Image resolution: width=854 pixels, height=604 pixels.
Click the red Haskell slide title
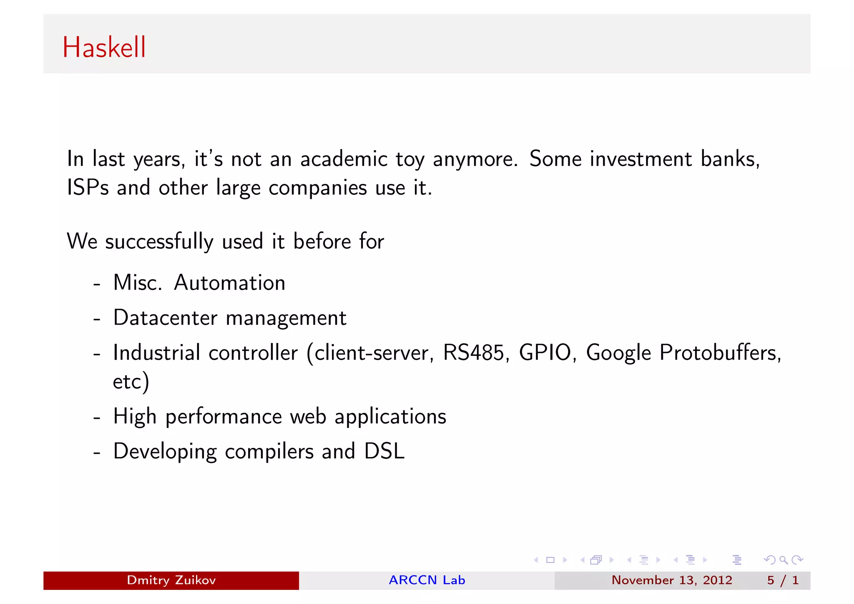pyautogui.click(x=104, y=47)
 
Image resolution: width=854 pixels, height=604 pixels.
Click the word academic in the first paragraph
pyautogui.click(x=344, y=159)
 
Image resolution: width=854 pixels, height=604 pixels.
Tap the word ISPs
pyautogui.click(x=88, y=187)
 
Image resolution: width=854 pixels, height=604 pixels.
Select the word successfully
pyautogui.click(x=159, y=242)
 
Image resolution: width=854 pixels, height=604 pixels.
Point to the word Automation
pyautogui.click(x=229, y=283)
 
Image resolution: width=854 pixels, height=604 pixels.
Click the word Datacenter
pyautogui.click(x=165, y=318)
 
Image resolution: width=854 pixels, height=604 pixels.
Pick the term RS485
pyautogui.click(x=473, y=353)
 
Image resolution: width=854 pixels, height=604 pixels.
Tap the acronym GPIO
pyautogui.click(x=545, y=353)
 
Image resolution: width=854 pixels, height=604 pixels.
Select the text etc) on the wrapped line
pyautogui.click(x=131, y=382)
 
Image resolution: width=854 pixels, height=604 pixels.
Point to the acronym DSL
pyautogui.click(x=384, y=451)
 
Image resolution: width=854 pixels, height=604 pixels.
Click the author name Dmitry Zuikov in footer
pyautogui.click(x=171, y=580)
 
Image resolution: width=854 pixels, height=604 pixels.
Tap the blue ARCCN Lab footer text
pyautogui.click(x=427, y=580)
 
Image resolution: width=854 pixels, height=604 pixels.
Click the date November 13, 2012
pyautogui.click(x=671, y=580)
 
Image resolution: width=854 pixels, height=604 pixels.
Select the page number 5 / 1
pyautogui.click(x=783, y=580)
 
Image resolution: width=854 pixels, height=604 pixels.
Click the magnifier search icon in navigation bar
pyautogui.click(x=784, y=560)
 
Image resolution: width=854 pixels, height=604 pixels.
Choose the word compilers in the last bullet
pyautogui.click(x=269, y=452)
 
